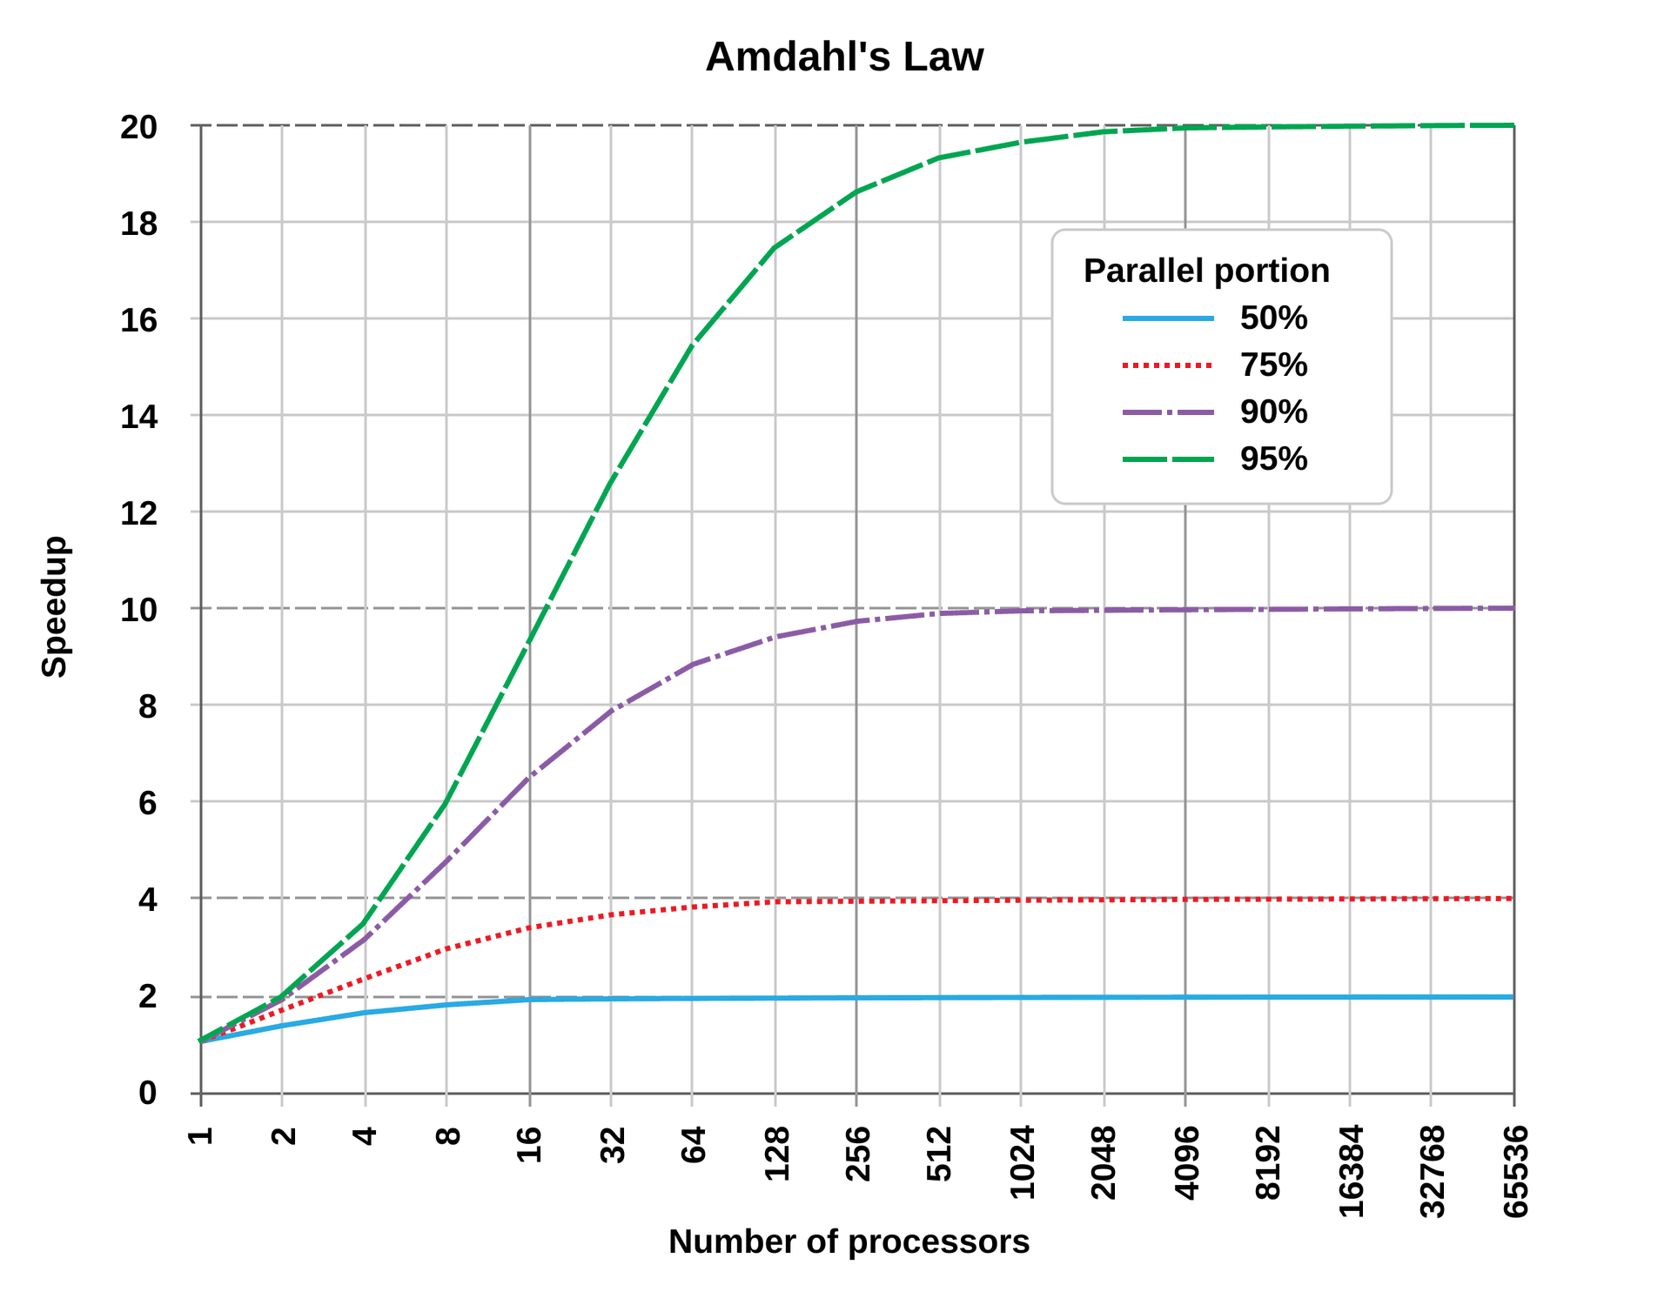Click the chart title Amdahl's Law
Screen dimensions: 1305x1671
844,57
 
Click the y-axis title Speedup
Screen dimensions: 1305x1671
55,606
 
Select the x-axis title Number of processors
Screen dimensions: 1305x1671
849,1241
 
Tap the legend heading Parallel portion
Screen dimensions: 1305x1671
1206,271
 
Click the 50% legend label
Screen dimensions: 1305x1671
1273,318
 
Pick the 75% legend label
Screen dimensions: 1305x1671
1273,365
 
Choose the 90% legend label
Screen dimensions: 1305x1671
1273,412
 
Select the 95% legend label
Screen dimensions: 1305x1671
1273,459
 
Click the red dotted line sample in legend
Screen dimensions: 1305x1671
1167,365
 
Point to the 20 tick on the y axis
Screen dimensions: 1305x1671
139,127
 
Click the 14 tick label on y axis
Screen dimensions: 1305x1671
139,417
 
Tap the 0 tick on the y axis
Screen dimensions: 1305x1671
148,1093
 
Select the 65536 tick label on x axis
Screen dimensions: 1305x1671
1515,1171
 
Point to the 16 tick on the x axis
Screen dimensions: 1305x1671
530,1144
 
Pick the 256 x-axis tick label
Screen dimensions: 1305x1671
858,1153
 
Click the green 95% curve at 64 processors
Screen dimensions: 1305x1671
692,345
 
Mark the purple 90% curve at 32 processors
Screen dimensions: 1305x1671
611,711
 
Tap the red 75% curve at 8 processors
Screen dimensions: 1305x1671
446,947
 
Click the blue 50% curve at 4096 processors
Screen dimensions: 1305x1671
1185,997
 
